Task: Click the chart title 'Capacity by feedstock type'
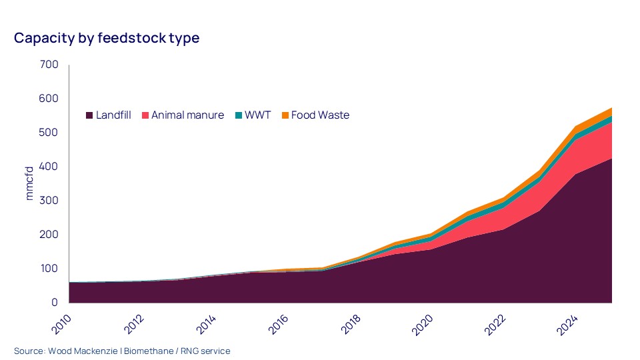[x=107, y=38]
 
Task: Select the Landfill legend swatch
[x=89, y=115]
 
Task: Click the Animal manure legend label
[x=187, y=115]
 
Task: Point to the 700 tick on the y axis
[x=50, y=65]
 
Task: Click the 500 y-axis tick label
[x=50, y=133]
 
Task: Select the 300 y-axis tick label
[x=50, y=201]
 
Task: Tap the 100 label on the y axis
[x=50, y=269]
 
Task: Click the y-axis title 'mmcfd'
[x=29, y=183]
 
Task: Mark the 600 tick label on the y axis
[x=50, y=99]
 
